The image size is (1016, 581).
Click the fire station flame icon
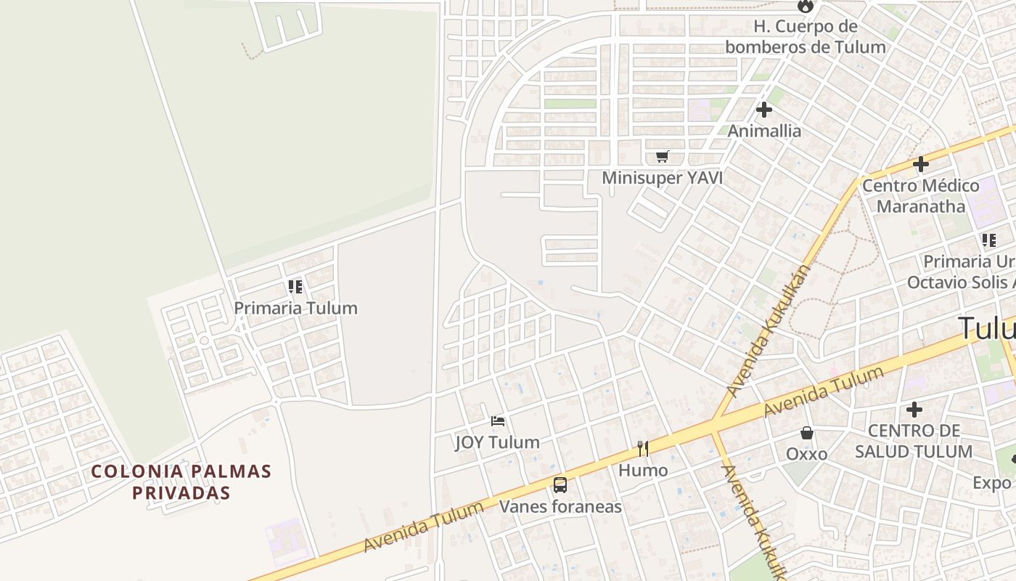805,6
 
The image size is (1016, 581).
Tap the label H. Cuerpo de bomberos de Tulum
806,37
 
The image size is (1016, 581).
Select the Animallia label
764,131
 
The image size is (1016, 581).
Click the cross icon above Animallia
764,110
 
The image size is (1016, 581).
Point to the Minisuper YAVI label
662,178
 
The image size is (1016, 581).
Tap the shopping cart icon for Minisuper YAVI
662,156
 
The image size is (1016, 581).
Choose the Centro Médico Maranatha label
920,196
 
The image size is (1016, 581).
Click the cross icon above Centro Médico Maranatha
920,164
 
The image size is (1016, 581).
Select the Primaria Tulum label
295,308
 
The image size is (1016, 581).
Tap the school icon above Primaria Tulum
295,286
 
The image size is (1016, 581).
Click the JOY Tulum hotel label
497,442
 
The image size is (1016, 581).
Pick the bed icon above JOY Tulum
497,420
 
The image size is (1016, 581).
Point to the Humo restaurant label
643,471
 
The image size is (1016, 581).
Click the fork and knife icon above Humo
643,448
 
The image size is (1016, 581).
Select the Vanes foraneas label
560,506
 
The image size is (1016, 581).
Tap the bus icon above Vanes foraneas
560,484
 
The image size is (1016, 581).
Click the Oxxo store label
806,454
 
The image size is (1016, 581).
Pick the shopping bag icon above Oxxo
806,433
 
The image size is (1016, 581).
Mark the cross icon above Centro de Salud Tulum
914,410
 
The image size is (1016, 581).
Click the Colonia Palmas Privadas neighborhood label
181,482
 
